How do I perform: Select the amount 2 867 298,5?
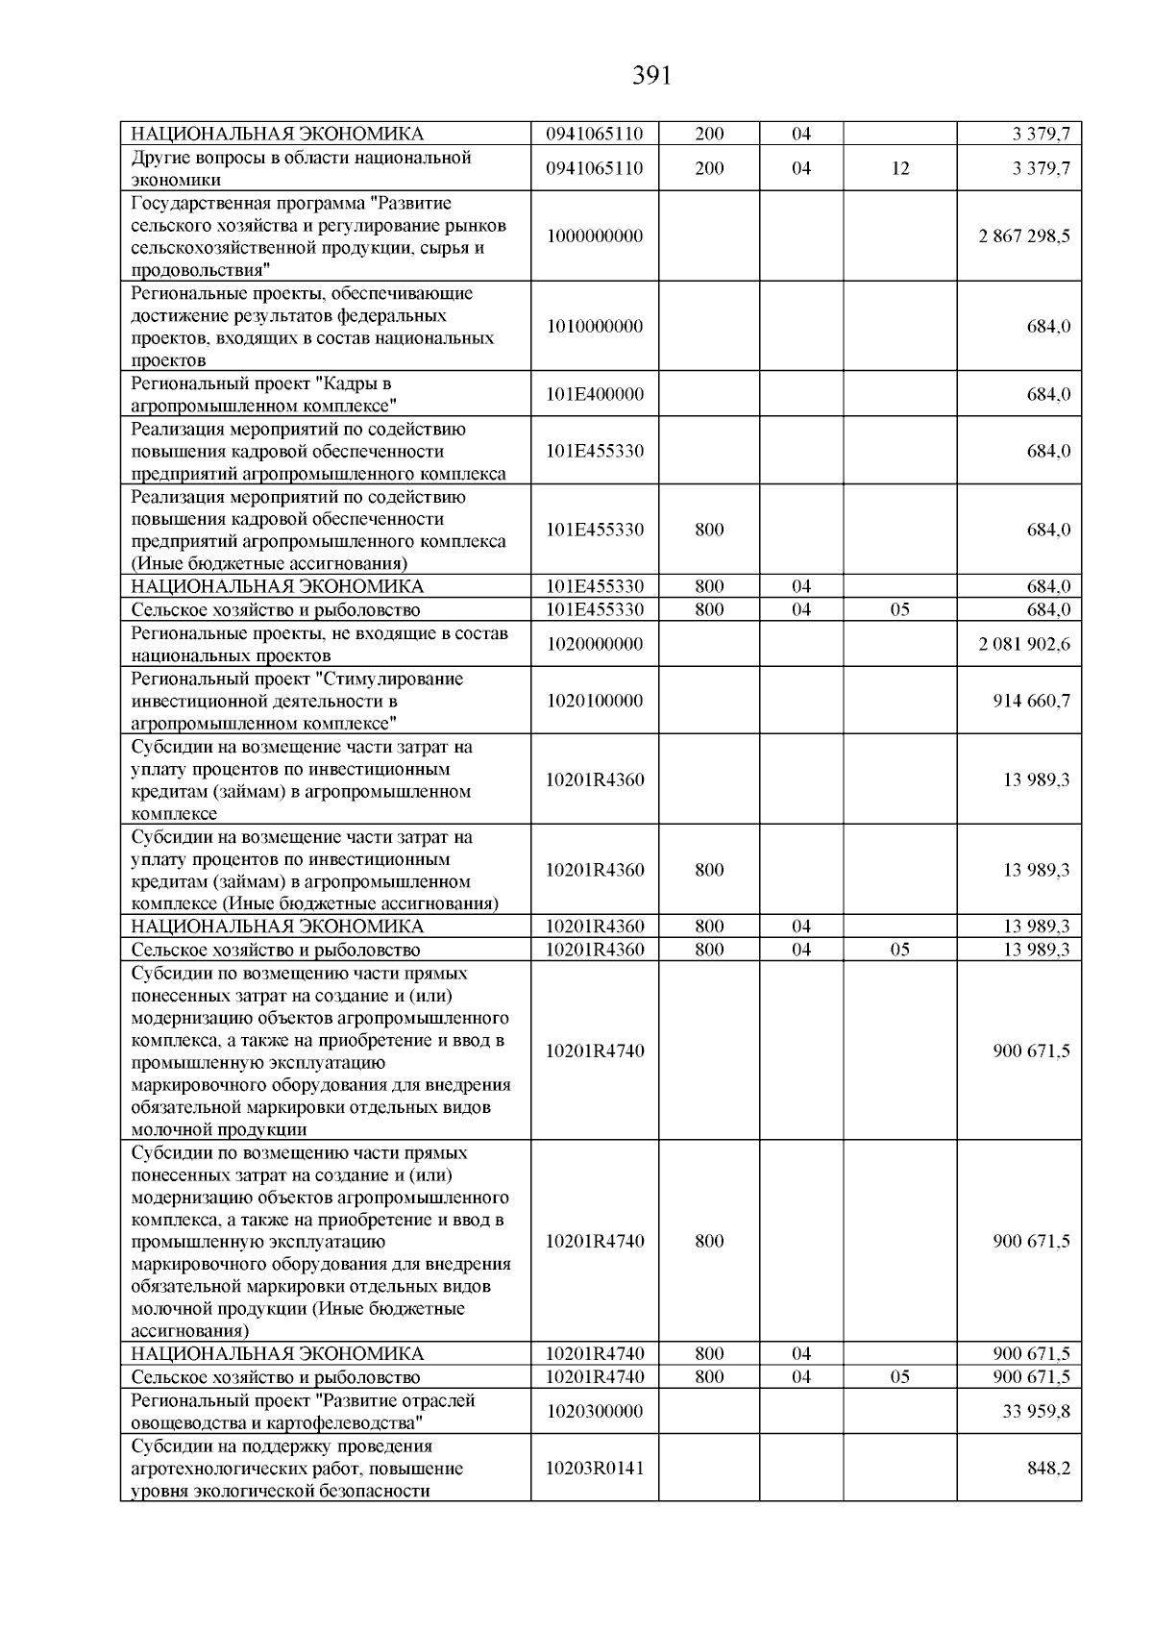[x=1023, y=236]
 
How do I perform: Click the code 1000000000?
[x=595, y=236]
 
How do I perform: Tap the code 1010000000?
[x=595, y=327]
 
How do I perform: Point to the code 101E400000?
[x=595, y=395]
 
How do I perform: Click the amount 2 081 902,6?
[x=1023, y=644]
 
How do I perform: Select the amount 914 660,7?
[x=1031, y=701]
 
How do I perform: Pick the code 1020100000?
[x=595, y=701]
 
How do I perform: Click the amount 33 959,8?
[x=1037, y=1412]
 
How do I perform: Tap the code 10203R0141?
[x=595, y=1469]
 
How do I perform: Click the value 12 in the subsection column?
[x=899, y=169]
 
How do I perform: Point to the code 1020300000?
[x=595, y=1412]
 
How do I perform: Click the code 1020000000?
[x=595, y=644]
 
